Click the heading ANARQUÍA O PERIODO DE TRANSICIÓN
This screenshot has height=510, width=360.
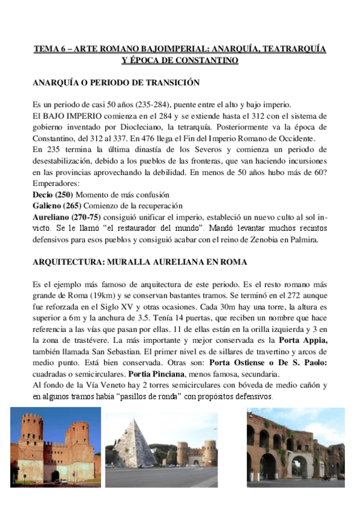point(115,82)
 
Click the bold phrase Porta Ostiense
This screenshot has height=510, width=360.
point(240,363)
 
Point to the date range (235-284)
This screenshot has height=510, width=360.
point(154,104)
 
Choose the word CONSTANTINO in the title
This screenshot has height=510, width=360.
point(205,60)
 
